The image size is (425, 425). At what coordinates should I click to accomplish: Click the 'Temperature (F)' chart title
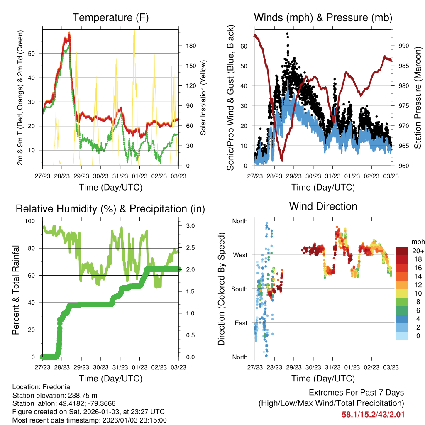pos(110,17)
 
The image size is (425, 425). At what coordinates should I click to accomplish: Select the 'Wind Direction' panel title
pos(323,206)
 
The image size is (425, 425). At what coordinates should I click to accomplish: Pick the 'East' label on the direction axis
pos(240,323)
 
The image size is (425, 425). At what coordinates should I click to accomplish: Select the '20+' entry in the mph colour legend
pos(418,251)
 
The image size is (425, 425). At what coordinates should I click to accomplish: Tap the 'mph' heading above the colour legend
pos(417,242)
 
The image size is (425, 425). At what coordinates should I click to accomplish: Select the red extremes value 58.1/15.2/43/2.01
pos(373,414)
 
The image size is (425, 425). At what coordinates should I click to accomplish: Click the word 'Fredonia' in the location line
pos(54,387)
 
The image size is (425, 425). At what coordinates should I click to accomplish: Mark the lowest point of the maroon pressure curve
pos(282,160)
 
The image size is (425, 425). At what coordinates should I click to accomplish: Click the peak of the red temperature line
pos(69,33)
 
